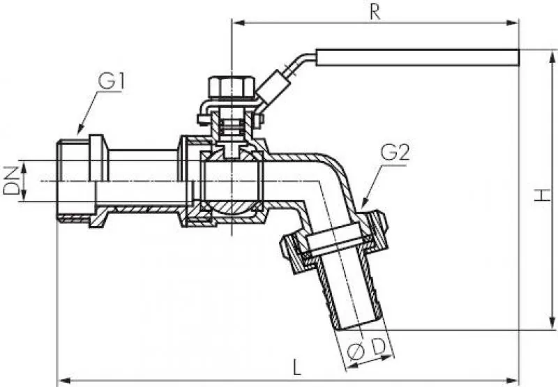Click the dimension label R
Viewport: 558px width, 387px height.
tap(375, 13)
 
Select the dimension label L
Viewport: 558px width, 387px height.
tap(297, 367)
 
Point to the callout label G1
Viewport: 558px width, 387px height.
tap(111, 82)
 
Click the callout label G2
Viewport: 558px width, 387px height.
tap(394, 153)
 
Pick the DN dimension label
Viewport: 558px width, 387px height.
tap(10, 181)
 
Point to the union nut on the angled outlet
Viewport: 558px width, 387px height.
tap(335, 241)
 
